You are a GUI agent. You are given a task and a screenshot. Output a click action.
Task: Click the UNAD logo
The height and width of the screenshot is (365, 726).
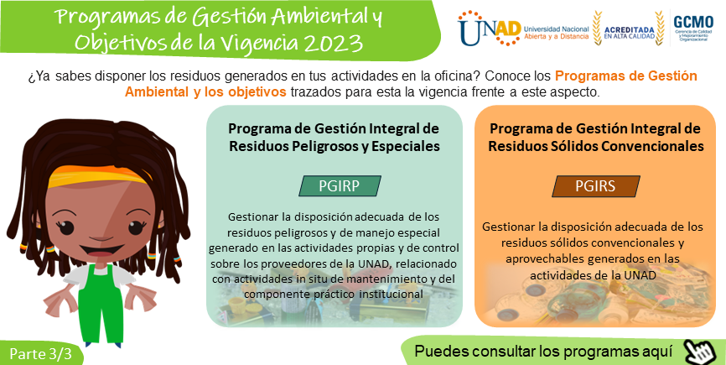pyautogui.click(x=490, y=29)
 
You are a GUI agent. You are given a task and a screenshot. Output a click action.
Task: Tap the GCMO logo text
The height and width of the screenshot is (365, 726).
pyautogui.click(x=693, y=22)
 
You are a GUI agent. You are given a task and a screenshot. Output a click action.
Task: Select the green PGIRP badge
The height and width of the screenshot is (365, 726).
pyautogui.click(x=340, y=185)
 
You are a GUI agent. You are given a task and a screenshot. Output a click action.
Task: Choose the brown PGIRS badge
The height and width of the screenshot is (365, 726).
pyautogui.click(x=596, y=185)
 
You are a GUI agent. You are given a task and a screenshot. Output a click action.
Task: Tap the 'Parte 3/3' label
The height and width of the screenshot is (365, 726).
pyautogui.click(x=41, y=354)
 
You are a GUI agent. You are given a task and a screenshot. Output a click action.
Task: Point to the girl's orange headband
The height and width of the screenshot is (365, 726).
pyautogui.click(x=99, y=175)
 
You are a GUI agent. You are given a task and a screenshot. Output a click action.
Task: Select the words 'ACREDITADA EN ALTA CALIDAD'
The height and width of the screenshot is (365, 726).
pyautogui.click(x=630, y=33)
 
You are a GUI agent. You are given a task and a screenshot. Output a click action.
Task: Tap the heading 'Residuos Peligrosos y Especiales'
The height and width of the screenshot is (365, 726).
pyautogui.click(x=334, y=146)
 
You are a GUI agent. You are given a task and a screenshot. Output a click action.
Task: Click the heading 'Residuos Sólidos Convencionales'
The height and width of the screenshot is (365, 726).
pyautogui.click(x=596, y=146)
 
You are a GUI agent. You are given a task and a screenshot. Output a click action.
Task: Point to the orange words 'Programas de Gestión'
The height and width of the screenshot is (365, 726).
pyautogui.click(x=626, y=76)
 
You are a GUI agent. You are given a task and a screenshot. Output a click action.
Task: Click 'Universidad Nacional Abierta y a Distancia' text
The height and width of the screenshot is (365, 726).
pyautogui.click(x=556, y=33)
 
